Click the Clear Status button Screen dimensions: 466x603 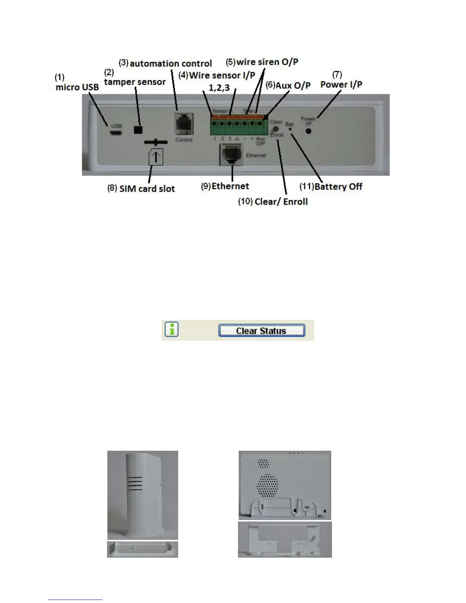click(262, 330)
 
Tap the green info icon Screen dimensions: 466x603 click(172, 330)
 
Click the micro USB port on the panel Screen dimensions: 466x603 click(116, 133)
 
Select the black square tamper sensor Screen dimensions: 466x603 click(138, 129)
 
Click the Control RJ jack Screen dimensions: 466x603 click(184, 124)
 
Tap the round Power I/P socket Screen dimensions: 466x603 click(309, 131)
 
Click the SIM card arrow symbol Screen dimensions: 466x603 click(156, 157)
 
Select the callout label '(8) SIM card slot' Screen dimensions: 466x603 click(141, 188)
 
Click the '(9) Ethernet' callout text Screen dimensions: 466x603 click(225, 186)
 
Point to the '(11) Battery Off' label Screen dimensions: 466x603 click(331, 187)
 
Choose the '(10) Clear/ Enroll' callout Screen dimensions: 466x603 click(273, 201)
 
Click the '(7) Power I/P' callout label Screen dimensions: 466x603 click(341, 80)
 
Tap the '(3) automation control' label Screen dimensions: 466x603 click(165, 63)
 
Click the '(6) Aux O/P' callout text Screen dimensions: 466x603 click(288, 85)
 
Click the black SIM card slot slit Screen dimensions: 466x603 click(156, 142)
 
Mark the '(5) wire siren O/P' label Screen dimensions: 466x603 click(262, 62)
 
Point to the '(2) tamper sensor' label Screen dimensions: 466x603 click(134, 78)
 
